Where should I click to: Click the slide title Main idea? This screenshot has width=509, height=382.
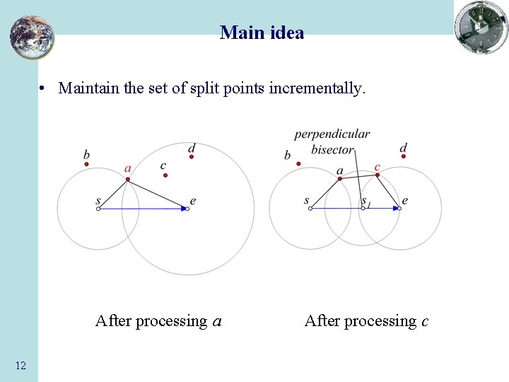tap(262, 33)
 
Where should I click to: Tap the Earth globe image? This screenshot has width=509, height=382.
tap(32, 37)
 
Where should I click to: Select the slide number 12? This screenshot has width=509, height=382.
tap(21, 365)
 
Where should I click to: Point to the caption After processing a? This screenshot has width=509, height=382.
tap(158, 321)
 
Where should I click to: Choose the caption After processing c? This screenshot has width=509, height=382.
tap(366, 321)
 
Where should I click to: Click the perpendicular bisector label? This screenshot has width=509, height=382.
tap(332, 141)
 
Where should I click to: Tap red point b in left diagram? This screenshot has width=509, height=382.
tap(87, 164)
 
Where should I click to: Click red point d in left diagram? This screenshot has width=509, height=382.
tap(191, 157)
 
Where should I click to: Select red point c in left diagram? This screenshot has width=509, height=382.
tap(165, 175)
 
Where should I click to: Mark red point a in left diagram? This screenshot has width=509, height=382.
tap(128, 179)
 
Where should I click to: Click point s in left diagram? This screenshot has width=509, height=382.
tap(98, 209)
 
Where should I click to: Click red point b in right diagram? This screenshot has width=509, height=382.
tap(298, 164)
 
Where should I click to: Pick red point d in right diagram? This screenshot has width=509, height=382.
tap(404, 156)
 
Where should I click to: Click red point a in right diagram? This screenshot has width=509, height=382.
tap(340, 179)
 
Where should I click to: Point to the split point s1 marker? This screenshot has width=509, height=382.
tap(363, 209)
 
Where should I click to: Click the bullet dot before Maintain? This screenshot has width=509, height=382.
tap(43, 89)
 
